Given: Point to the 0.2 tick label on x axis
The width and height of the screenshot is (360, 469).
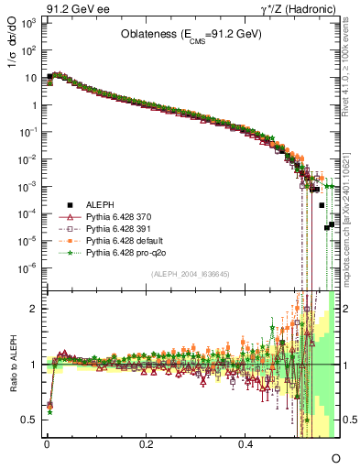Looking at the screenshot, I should click(x=146, y=443).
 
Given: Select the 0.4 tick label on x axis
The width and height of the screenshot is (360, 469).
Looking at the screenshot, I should click(x=245, y=443).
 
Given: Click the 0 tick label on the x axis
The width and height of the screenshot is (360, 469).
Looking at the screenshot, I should click(x=46, y=443).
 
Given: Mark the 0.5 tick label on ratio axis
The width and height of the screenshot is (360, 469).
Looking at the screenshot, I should click(x=31, y=420).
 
